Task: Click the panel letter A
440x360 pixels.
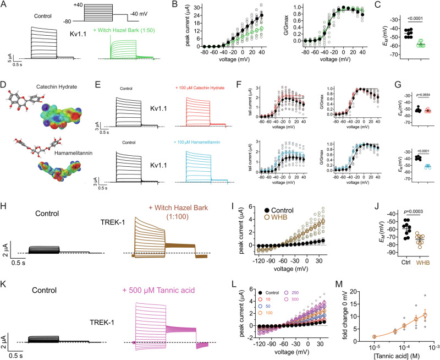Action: click(x=4, y=5)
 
